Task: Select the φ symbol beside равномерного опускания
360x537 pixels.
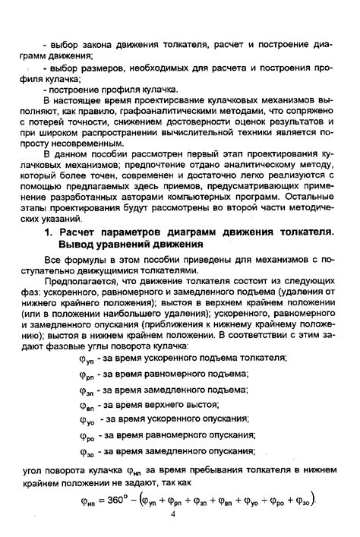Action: click(87, 436)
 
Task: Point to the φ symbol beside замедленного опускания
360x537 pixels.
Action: click(87, 453)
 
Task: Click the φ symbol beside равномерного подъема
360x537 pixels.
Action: click(86, 373)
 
